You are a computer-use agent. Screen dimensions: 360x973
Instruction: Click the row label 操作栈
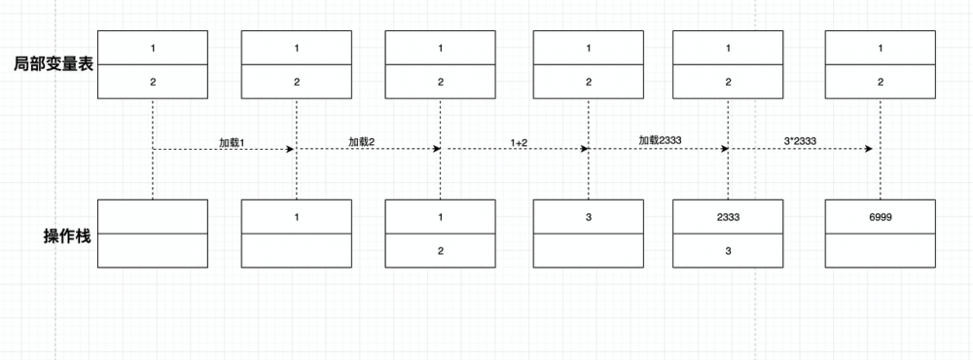point(67,235)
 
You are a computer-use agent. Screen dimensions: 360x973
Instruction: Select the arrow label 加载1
point(232,142)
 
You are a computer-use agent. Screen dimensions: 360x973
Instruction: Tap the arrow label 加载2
point(362,142)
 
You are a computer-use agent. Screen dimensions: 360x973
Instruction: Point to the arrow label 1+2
point(519,142)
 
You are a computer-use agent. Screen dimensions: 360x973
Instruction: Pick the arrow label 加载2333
point(660,140)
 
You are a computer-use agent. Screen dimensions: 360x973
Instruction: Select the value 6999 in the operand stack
point(880,217)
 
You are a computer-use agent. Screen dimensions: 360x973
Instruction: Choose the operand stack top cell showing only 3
point(589,217)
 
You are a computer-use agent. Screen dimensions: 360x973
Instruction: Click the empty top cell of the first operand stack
point(153,217)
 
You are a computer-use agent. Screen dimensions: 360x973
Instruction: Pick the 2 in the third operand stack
point(440,251)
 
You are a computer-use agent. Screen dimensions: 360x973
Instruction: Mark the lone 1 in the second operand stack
point(297,217)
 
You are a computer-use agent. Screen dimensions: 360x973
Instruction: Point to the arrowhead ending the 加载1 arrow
point(290,149)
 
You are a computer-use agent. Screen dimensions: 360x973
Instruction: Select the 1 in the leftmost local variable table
point(153,47)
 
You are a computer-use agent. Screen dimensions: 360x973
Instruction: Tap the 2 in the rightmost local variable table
point(880,82)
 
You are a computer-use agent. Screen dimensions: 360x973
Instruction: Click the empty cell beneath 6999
point(880,251)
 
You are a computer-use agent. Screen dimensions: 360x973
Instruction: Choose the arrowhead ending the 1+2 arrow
point(584,149)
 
